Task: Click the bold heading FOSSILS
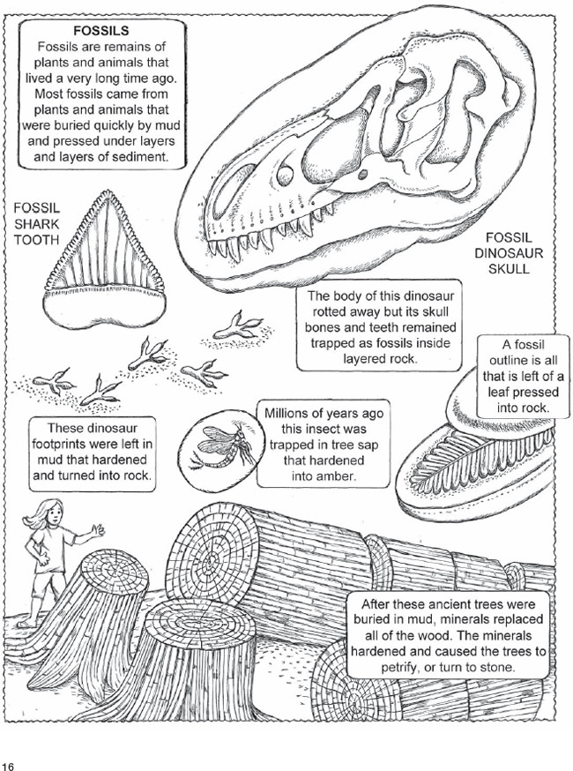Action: tap(101, 31)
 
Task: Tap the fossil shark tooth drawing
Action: tap(104, 259)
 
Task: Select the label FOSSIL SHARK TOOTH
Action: tap(36, 224)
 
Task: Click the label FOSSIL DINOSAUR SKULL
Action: tap(508, 253)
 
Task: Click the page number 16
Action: tap(8, 765)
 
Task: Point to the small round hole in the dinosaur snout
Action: tap(285, 175)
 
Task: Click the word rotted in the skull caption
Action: tap(330, 311)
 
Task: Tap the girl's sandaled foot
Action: tap(25, 624)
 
